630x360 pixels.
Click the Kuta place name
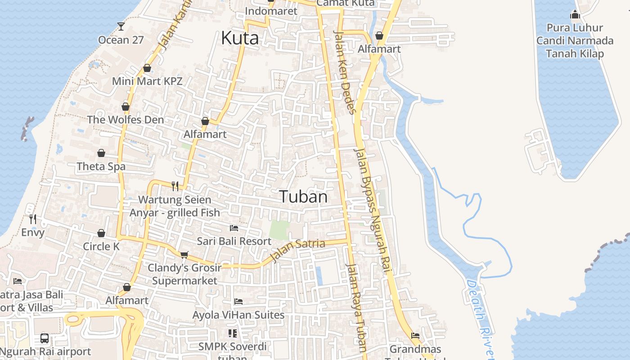(x=240, y=38)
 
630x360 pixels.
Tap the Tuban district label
(x=303, y=197)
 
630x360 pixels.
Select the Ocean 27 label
(x=121, y=40)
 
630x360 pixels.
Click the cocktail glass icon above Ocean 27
(x=121, y=26)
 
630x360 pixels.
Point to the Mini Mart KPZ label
(x=147, y=81)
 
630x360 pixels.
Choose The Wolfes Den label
(x=126, y=120)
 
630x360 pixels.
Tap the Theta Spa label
(x=101, y=166)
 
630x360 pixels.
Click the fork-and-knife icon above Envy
(x=33, y=219)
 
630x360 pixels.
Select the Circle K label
(x=101, y=246)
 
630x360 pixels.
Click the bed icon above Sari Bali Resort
(x=234, y=228)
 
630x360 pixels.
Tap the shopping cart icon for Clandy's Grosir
(x=184, y=255)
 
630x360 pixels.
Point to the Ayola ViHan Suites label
(x=238, y=315)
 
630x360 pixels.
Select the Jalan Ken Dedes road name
(x=345, y=72)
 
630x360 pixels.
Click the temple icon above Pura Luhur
(x=575, y=15)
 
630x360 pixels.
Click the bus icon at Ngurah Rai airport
(x=45, y=338)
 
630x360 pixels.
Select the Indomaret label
(x=271, y=11)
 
